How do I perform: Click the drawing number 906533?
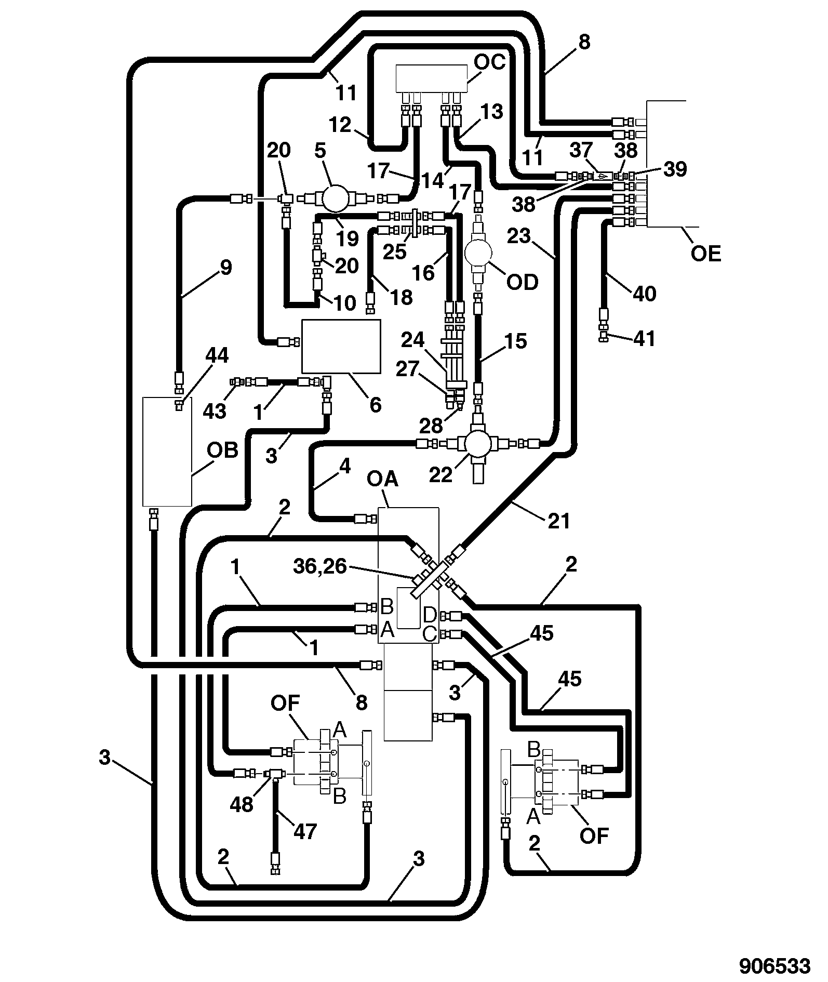pos(775,966)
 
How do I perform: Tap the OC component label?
pos(489,62)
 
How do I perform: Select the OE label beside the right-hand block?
pos(706,254)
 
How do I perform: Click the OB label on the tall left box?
pos(223,450)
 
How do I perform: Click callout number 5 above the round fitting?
pos(320,150)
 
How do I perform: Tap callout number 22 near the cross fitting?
pos(441,474)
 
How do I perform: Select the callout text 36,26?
pos(319,566)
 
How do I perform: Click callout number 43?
pos(215,410)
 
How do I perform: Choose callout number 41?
pos(645,339)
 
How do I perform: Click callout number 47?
pos(305,831)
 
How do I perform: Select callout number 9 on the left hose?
pos(226,268)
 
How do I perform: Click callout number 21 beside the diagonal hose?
pos(559,521)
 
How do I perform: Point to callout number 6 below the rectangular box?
pos(376,404)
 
